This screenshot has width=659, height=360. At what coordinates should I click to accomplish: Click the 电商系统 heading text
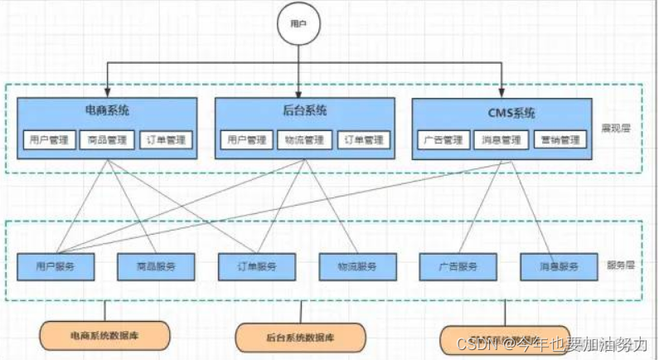click(x=107, y=110)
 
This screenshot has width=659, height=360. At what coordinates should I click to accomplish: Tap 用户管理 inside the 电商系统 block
click(x=48, y=140)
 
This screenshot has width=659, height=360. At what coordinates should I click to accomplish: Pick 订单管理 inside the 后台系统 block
click(x=363, y=140)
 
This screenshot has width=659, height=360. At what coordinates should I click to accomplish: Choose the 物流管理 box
click(x=303, y=140)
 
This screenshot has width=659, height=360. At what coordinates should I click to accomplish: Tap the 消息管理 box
click(x=502, y=140)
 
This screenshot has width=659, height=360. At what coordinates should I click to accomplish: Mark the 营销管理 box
click(x=560, y=140)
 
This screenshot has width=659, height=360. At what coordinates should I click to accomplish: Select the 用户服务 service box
click(x=56, y=266)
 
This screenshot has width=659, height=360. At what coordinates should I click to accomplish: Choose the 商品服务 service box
click(x=157, y=266)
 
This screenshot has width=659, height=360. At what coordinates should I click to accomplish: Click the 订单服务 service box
click(x=258, y=266)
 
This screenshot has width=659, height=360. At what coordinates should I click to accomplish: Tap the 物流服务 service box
click(x=358, y=266)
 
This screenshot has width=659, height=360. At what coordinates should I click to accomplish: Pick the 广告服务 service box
click(x=459, y=266)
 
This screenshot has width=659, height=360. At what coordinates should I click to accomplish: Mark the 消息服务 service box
click(x=560, y=266)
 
